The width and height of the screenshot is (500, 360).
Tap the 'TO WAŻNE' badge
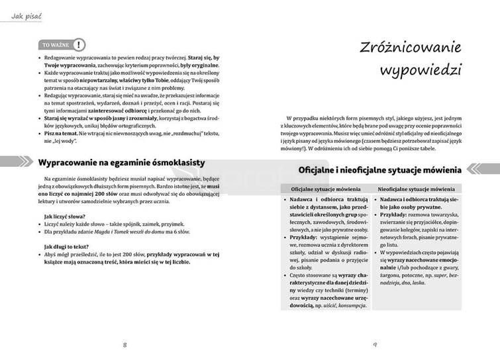(55, 45)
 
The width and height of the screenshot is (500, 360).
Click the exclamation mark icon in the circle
(79, 45)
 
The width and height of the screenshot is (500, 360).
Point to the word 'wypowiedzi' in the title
(421, 69)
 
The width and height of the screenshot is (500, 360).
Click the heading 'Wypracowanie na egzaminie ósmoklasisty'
(121, 162)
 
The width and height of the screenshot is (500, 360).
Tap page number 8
(125, 345)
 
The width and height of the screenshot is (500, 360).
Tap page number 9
(375, 345)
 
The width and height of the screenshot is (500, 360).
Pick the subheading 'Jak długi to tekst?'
(66, 246)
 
